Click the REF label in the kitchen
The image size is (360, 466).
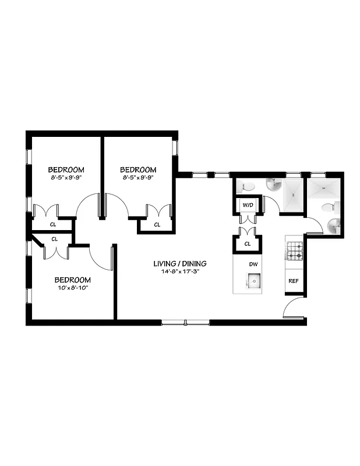[x=293, y=281]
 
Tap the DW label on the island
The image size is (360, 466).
[x=253, y=264]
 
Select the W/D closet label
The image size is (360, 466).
[x=248, y=205]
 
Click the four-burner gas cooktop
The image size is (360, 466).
[x=295, y=250]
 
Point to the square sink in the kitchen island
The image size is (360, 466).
[x=254, y=283]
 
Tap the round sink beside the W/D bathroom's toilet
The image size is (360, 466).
[x=274, y=186]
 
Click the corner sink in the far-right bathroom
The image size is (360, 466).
[x=334, y=226]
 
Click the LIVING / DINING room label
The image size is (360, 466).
[x=180, y=263]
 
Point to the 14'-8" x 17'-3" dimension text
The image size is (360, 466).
[x=180, y=271]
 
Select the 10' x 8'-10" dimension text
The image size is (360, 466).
[x=73, y=287]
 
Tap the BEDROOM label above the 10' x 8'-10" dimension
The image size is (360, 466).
[x=73, y=279]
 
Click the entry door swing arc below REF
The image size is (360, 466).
[x=293, y=307]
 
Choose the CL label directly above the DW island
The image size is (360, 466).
[x=248, y=243]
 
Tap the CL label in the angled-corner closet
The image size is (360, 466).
[x=54, y=239]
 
